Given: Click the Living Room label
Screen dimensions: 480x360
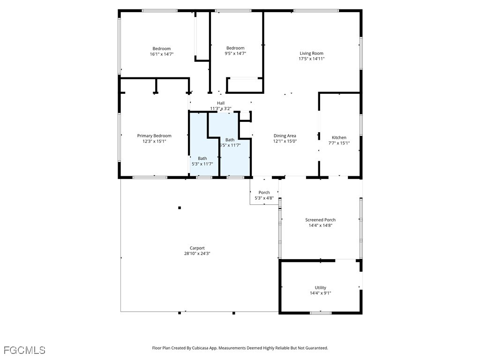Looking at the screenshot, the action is (x=311, y=53).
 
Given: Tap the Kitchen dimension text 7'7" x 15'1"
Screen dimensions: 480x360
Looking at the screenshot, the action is (x=339, y=143).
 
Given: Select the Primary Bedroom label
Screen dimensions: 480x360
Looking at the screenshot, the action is (x=154, y=136).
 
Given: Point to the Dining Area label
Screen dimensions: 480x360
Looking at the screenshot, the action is (x=285, y=136).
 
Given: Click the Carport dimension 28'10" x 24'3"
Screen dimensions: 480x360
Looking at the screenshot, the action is (x=197, y=254).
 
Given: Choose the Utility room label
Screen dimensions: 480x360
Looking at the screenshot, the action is (x=321, y=288).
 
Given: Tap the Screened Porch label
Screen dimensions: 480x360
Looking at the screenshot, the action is (x=321, y=220).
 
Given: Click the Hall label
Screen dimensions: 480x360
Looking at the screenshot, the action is (x=221, y=103).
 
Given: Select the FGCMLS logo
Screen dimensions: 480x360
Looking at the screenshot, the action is (x=24, y=350).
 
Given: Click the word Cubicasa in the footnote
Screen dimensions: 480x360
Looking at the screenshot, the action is (x=201, y=348).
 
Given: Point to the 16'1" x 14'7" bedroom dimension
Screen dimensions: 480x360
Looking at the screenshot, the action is (x=162, y=54).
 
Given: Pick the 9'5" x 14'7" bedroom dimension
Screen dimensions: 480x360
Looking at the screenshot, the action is (x=235, y=53).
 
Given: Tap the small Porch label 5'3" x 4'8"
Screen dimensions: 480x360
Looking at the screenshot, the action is (x=264, y=195).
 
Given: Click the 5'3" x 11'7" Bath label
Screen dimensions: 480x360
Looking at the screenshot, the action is (x=202, y=161).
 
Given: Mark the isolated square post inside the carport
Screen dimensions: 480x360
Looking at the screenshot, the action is (x=180, y=208).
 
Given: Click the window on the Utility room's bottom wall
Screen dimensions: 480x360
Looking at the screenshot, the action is (x=321, y=313).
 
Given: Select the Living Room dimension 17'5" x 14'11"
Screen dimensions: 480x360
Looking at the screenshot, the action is (x=312, y=59).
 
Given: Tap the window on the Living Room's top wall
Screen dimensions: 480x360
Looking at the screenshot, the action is (x=316, y=11).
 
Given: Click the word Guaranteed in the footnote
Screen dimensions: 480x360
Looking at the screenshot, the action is (x=317, y=348).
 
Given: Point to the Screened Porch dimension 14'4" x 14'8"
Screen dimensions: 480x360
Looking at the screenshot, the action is (x=321, y=225).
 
